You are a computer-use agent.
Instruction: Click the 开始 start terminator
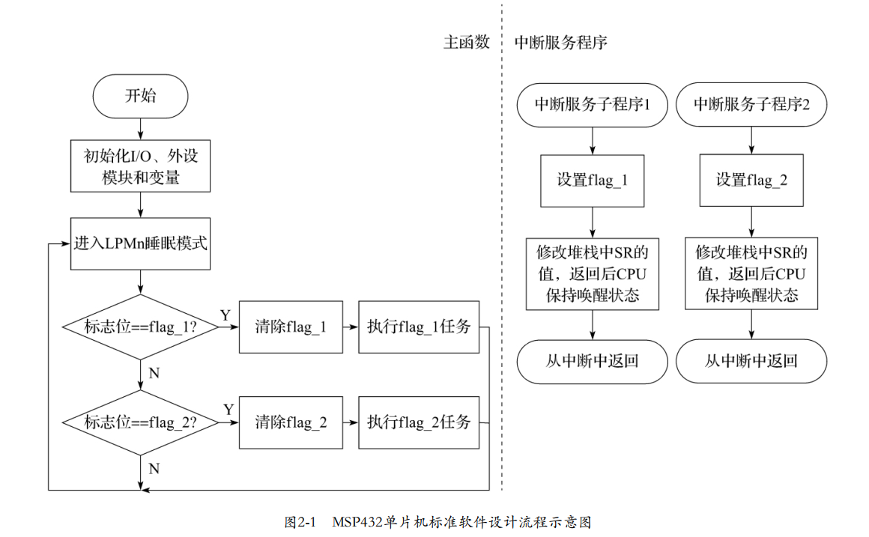coord(140,96)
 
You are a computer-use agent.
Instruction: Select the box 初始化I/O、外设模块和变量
coord(140,166)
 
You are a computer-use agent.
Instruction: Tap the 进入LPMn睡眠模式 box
coord(140,243)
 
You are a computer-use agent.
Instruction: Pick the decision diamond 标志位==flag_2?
coord(140,422)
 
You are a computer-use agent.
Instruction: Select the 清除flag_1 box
coord(291,327)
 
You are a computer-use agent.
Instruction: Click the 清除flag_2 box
coord(291,422)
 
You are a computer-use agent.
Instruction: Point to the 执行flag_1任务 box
coord(418,327)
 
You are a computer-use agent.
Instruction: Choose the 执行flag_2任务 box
coord(418,422)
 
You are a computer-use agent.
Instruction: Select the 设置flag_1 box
coord(593,180)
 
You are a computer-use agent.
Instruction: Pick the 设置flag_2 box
coord(751,180)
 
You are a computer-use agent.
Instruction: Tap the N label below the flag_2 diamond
coord(154,469)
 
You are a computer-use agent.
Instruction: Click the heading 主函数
coord(466,43)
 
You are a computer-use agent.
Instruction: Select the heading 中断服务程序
coord(560,43)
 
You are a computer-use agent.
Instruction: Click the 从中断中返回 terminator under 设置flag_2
coord(751,362)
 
